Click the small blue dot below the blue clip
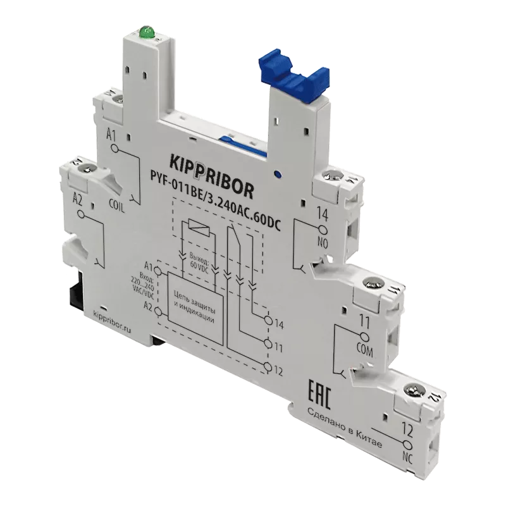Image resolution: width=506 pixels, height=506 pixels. pyautogui.click(x=276, y=172)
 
